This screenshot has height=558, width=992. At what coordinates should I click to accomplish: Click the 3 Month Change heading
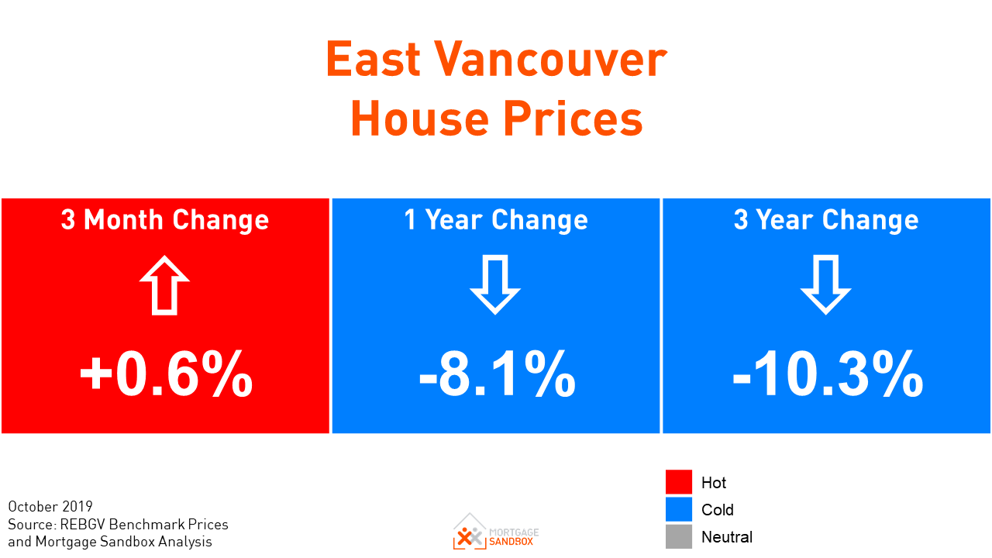165,220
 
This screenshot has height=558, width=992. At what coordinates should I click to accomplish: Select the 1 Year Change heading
496,220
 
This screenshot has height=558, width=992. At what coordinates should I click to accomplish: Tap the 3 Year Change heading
826,220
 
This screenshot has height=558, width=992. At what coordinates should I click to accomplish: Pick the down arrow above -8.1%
495,285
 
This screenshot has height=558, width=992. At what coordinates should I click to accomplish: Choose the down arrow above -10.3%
826,285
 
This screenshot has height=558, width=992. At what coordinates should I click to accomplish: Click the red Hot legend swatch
678,482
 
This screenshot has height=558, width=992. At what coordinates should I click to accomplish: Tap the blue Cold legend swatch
678,509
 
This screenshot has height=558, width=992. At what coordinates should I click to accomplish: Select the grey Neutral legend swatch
678,536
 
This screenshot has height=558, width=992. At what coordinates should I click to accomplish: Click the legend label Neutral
727,537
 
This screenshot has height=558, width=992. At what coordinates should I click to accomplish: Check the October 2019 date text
50,507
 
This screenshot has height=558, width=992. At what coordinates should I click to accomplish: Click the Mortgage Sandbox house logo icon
469,531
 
